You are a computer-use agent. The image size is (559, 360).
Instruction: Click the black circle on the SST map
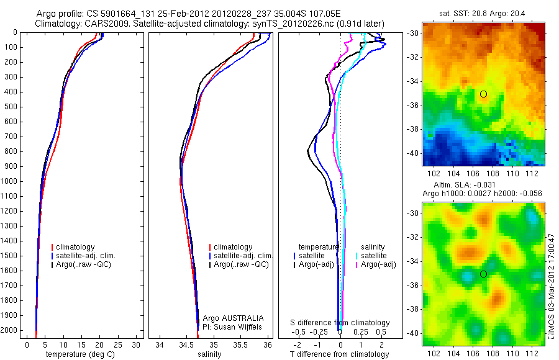coord(483,94)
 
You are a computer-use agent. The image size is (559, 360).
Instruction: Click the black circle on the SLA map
coord(483,274)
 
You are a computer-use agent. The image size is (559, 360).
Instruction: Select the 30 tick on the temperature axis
coord(137,344)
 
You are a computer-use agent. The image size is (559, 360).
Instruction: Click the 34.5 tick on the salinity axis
coord(186,344)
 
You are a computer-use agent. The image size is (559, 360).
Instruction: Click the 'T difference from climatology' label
coord(340,354)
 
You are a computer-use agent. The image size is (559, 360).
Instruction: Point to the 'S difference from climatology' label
coord(340,323)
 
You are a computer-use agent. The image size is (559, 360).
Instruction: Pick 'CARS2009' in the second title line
coord(102,24)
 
